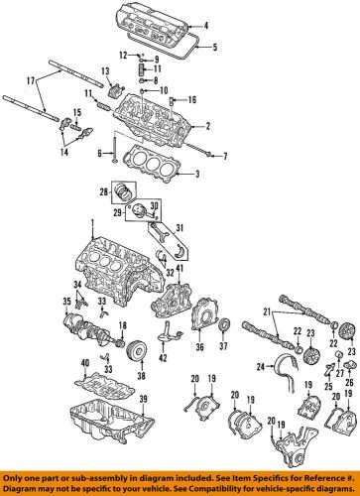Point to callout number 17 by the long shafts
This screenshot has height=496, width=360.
(x=30, y=80)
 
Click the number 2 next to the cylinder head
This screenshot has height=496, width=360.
(x=207, y=127)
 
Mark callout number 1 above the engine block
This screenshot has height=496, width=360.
(x=92, y=223)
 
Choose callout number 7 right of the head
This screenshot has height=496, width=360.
(x=225, y=155)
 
